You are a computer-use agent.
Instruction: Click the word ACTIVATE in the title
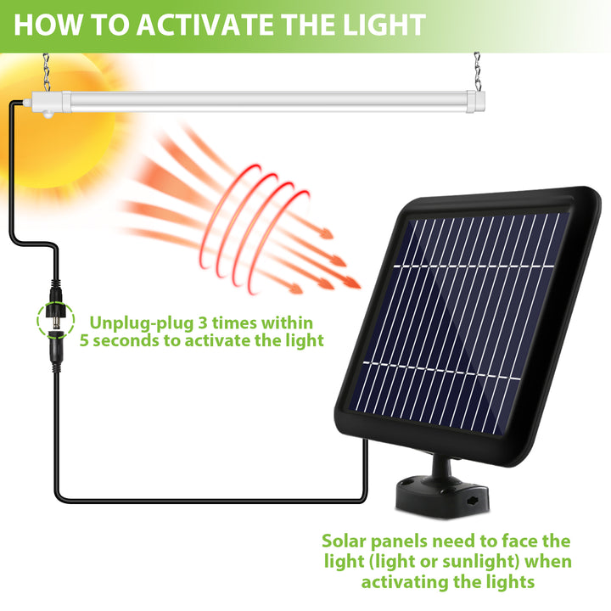(x=205, y=25)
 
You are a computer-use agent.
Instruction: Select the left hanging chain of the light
(x=47, y=72)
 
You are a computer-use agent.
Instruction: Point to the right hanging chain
(x=477, y=71)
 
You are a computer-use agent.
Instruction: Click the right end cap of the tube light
(x=476, y=102)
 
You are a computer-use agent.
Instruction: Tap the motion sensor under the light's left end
(x=49, y=115)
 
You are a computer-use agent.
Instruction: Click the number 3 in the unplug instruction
(x=203, y=323)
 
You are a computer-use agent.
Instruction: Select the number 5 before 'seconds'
(x=85, y=340)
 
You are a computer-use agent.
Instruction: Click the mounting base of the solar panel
(x=442, y=499)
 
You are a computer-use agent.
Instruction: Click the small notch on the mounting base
(x=474, y=500)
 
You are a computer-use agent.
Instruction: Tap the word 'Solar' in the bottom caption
(x=344, y=541)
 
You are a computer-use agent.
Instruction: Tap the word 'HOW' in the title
(x=48, y=25)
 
